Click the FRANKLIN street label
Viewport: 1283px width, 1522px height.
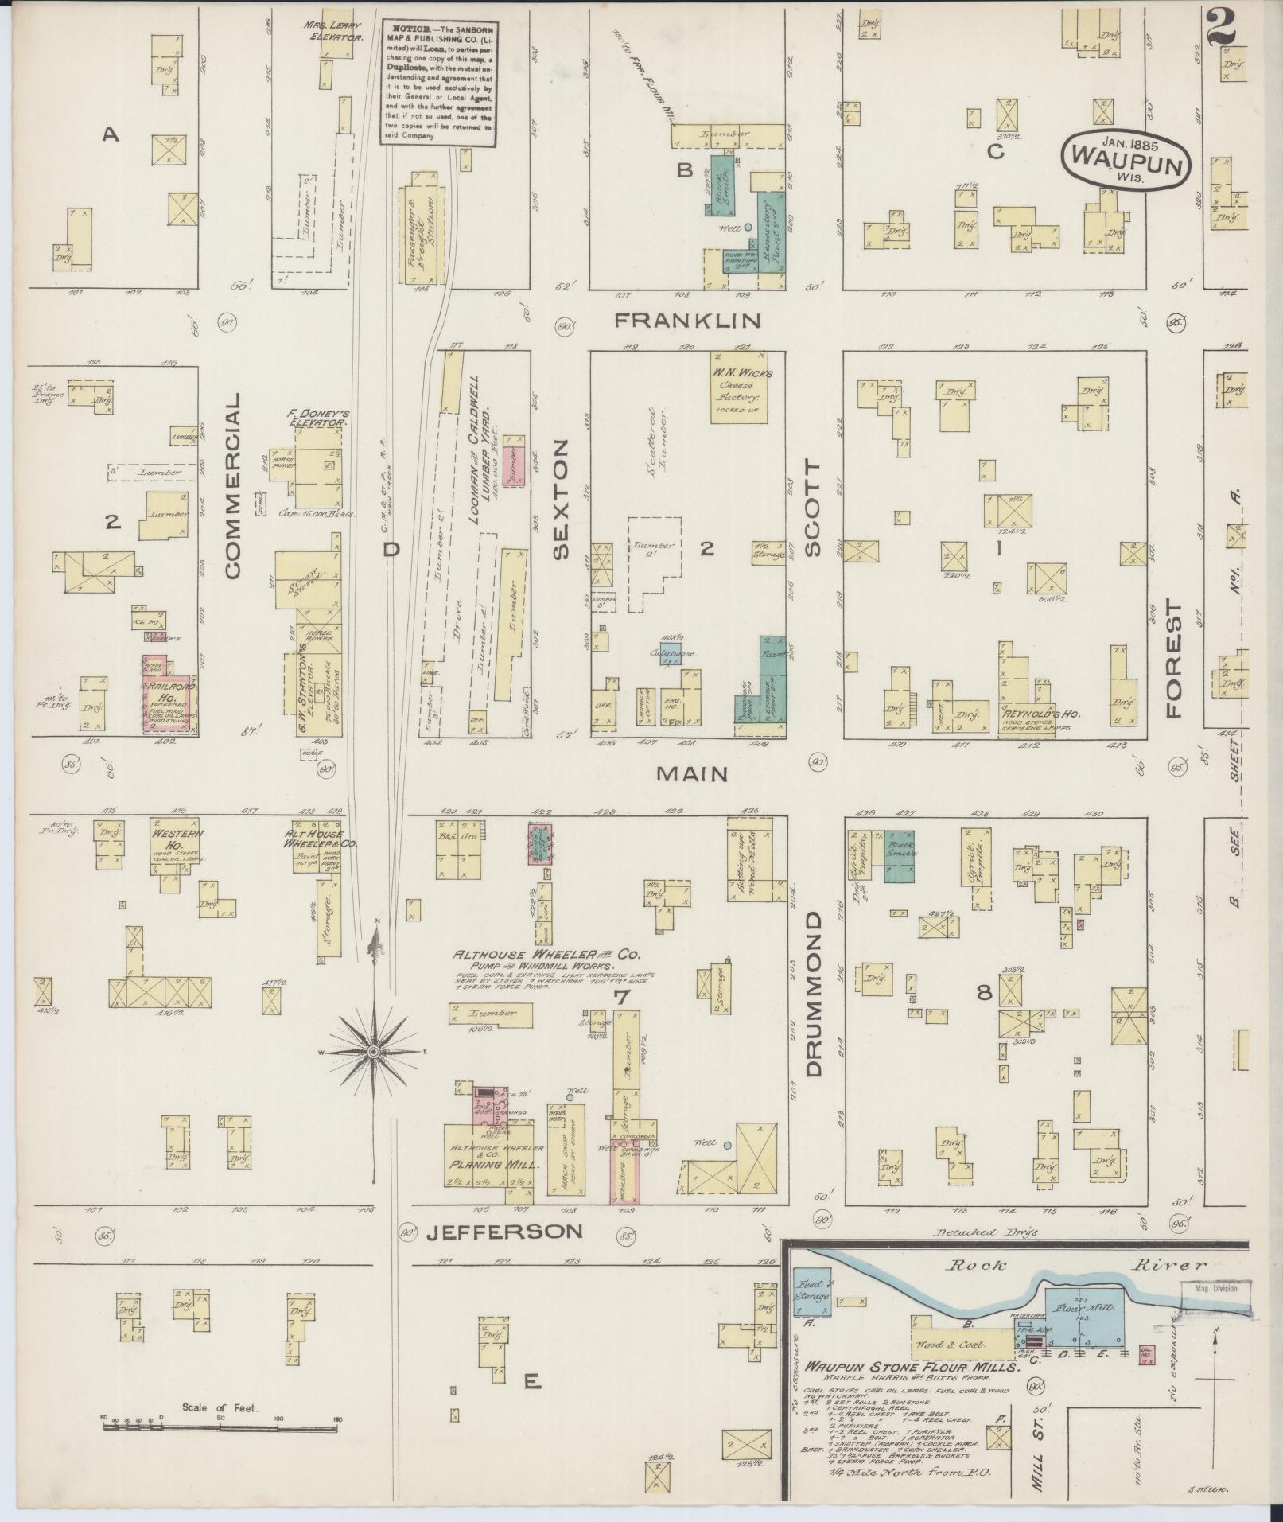click(689, 321)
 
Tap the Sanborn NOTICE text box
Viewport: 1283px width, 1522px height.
click(437, 81)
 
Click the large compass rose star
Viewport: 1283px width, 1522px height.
click(373, 1052)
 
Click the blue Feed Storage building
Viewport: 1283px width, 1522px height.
click(812, 1292)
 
